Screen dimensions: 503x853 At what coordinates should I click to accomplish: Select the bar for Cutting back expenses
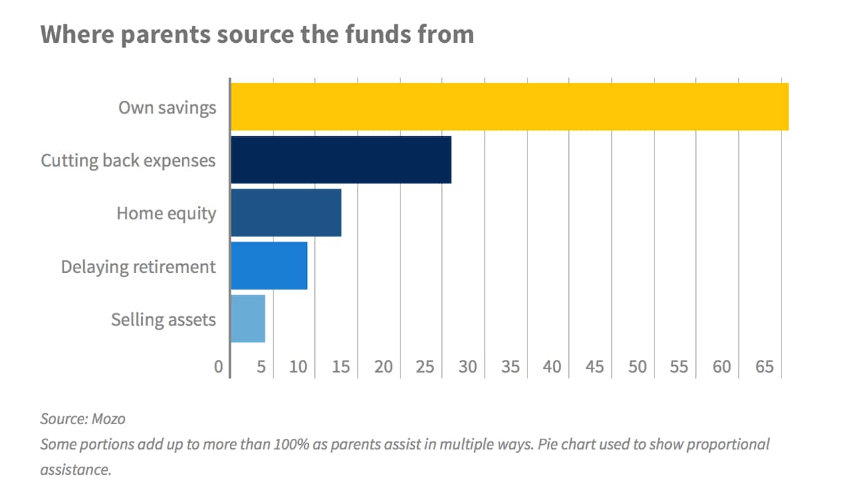341,160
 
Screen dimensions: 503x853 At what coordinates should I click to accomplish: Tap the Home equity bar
286,213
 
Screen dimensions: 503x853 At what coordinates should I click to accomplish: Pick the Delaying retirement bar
269,266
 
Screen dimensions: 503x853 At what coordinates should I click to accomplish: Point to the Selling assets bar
248,318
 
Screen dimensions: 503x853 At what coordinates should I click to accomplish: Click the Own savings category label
167,107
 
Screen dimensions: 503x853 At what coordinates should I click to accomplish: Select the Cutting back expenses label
128,161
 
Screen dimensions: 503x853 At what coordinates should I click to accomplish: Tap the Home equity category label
166,213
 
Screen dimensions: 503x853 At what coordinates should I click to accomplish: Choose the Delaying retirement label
138,267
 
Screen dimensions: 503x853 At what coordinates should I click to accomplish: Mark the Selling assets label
164,320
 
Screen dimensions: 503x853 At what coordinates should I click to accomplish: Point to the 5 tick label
261,367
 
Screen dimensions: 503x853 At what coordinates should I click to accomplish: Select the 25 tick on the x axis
426,367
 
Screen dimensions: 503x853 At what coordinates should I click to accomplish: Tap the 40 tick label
552,367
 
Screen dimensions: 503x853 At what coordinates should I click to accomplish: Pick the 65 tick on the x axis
764,367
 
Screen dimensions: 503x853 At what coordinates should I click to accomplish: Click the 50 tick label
637,367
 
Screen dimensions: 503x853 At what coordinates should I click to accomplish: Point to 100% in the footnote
292,445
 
